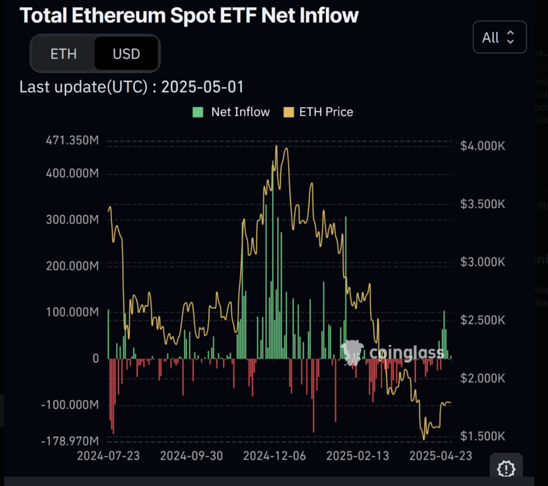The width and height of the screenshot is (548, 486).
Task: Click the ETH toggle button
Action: [63, 54]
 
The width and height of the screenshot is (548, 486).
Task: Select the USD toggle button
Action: [126, 54]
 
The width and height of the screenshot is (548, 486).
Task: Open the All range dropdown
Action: [499, 37]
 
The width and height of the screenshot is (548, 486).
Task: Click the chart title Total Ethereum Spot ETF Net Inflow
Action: [189, 16]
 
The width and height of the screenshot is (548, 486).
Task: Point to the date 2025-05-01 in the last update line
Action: [202, 87]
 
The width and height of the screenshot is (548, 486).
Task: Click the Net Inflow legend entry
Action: [231, 112]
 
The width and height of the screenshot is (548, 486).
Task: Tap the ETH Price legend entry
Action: [319, 112]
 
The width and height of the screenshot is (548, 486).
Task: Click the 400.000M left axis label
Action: [71, 174]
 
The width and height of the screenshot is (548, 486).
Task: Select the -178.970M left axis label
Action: [70, 441]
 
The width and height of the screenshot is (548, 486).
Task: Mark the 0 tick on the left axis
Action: [96, 359]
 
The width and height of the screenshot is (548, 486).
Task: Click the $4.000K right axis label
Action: [482, 146]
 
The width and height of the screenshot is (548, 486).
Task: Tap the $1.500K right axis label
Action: [482, 436]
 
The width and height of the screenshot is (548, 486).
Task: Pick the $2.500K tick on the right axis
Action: [482, 320]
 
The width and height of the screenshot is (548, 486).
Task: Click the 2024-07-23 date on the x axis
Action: [109, 456]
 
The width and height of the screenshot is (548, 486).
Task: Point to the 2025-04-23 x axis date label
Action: [440, 456]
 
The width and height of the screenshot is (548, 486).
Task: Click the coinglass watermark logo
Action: [393, 353]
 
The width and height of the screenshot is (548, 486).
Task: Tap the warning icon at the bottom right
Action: [506, 469]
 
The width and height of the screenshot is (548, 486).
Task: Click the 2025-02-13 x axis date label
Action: [357, 456]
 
